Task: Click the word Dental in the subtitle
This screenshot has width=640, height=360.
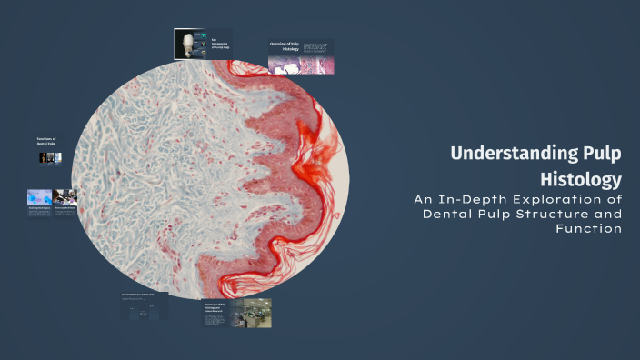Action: click(448, 214)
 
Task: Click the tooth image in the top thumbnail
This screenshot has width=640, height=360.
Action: click(191, 44)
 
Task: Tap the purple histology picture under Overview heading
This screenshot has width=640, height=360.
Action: click(300, 65)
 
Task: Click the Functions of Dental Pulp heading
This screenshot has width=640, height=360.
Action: click(46, 142)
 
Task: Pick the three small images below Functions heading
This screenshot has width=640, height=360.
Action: click(50, 157)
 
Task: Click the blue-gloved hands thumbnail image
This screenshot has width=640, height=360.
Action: click(39, 195)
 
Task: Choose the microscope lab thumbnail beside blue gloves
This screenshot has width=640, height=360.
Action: click(65, 195)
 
